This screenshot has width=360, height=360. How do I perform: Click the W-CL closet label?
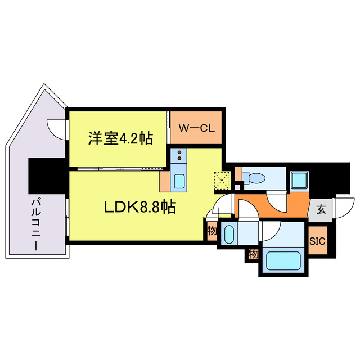point(196,127)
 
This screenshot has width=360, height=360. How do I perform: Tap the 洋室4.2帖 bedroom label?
point(119,138)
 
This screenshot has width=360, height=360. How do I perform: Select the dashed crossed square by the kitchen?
point(220,181)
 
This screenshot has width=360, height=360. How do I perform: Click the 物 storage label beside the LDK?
point(212,231)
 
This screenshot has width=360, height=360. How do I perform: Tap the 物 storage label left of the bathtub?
point(253,255)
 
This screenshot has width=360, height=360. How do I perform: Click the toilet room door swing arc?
point(276,202)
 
